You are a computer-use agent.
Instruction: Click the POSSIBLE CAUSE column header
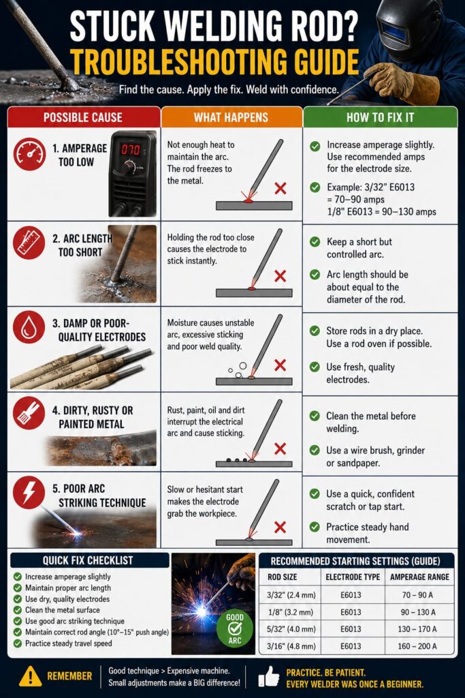click(82, 117)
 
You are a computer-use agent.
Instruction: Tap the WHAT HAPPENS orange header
click(231, 117)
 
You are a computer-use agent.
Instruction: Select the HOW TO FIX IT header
click(380, 117)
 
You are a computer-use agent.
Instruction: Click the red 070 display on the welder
click(130, 149)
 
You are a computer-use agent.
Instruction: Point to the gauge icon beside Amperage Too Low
click(29, 154)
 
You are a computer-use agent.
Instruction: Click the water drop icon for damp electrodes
click(29, 327)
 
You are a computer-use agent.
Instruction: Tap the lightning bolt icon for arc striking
click(29, 492)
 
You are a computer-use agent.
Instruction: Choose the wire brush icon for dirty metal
click(29, 413)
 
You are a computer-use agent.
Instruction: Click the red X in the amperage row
click(280, 188)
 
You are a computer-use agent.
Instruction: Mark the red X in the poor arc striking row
click(280, 527)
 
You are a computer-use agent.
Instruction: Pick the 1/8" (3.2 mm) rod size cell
click(291, 612)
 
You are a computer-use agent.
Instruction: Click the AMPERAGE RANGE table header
click(419, 577)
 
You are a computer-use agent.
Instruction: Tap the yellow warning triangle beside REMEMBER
click(30, 676)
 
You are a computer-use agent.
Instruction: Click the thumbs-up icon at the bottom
click(268, 676)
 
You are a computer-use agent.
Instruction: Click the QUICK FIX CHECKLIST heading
click(88, 560)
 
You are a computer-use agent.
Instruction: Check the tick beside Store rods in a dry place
click(315, 331)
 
